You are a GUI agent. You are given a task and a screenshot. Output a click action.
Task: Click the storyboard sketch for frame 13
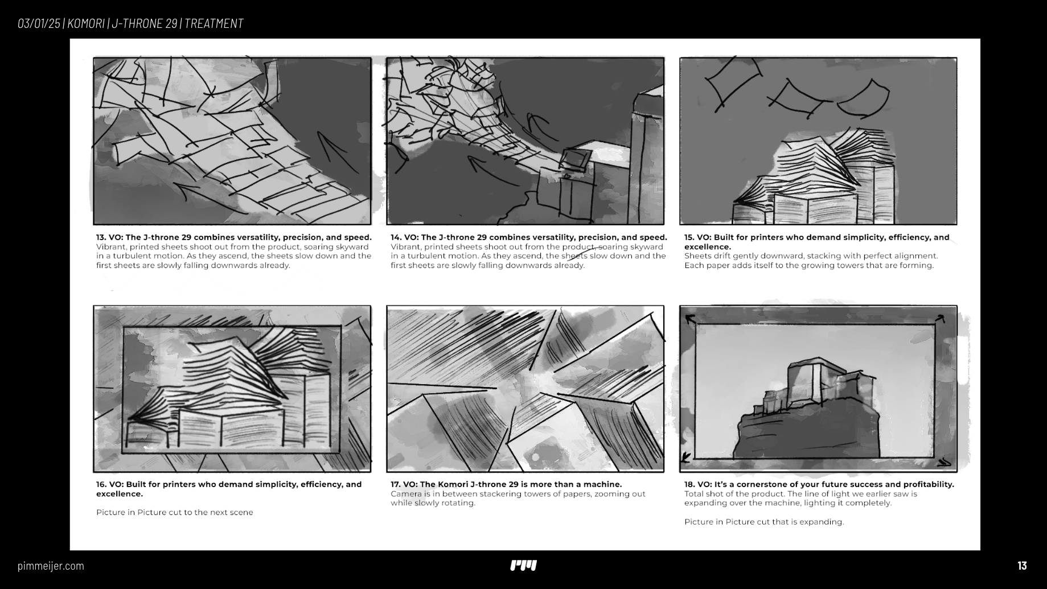232,141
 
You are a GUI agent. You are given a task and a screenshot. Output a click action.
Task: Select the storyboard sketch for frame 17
525,389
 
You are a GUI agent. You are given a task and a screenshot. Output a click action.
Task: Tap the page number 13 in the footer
1022,566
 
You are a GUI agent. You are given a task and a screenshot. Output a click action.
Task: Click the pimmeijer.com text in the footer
51,566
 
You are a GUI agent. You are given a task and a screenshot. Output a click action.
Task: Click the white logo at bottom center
523,566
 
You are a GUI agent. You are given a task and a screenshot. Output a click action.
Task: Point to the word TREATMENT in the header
214,23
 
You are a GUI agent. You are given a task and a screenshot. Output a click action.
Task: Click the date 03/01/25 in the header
39,23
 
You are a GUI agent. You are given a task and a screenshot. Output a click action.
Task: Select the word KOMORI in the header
86,23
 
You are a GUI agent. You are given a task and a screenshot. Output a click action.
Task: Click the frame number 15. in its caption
689,237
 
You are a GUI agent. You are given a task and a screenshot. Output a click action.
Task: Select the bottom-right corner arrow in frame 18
943,462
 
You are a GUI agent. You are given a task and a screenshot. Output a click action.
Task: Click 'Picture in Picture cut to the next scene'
175,512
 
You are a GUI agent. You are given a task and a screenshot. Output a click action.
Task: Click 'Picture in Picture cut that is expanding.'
764,522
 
